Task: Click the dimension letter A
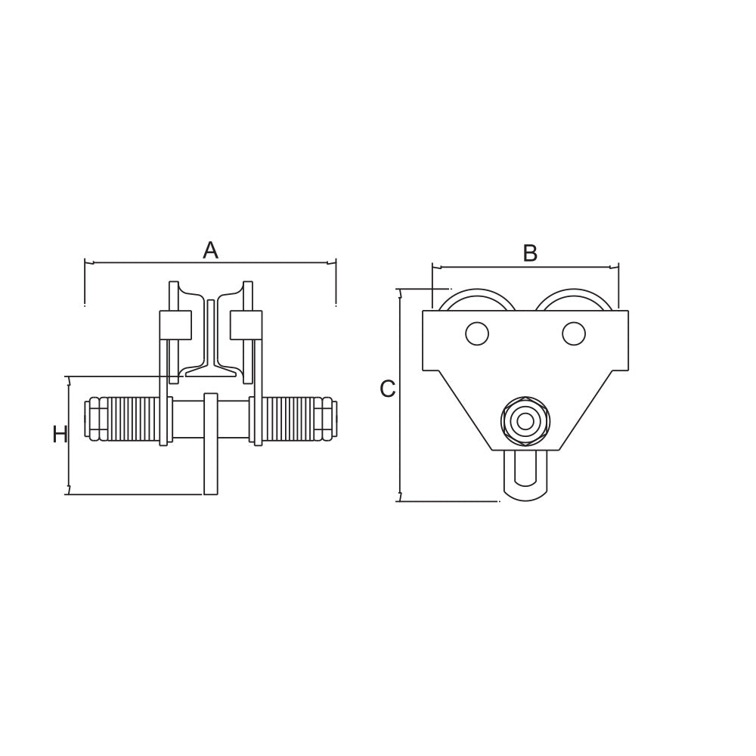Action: [x=210, y=250]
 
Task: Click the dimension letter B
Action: [x=530, y=253]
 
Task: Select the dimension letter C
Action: [x=388, y=389]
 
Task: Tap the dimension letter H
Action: [x=60, y=435]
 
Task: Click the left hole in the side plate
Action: [x=477, y=333]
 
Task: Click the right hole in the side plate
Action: [x=574, y=333]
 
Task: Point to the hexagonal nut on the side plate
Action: [x=525, y=421]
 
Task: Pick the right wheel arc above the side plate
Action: [x=574, y=292]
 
